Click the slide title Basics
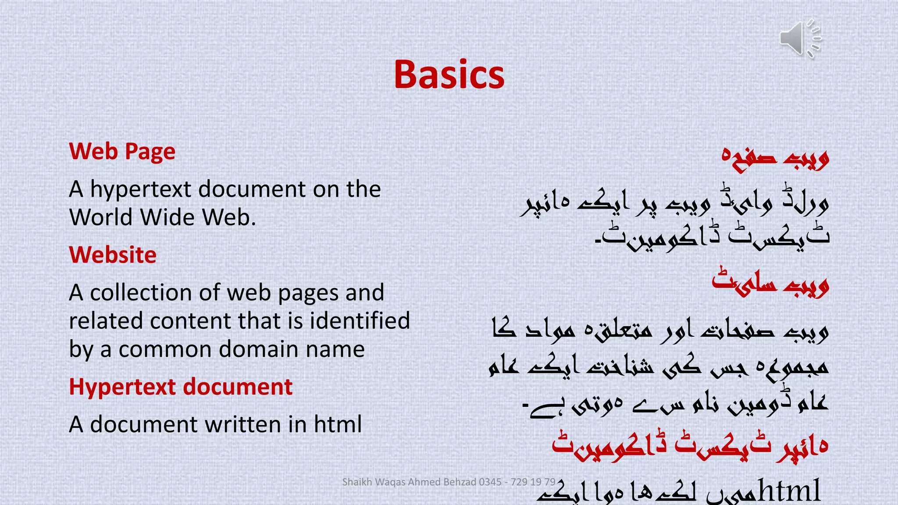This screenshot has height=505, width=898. point(449,75)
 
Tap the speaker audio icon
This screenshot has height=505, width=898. point(800,39)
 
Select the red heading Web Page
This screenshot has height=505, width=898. point(122,152)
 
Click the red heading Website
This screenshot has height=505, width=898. point(113,255)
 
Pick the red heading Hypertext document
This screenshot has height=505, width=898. point(181,387)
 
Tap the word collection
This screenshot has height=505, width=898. point(141,293)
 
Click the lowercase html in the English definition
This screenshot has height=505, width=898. point(338,425)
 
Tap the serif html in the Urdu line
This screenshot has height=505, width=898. point(789,490)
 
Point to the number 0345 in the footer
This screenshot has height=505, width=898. point(490,482)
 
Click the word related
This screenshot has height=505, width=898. point(106,321)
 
